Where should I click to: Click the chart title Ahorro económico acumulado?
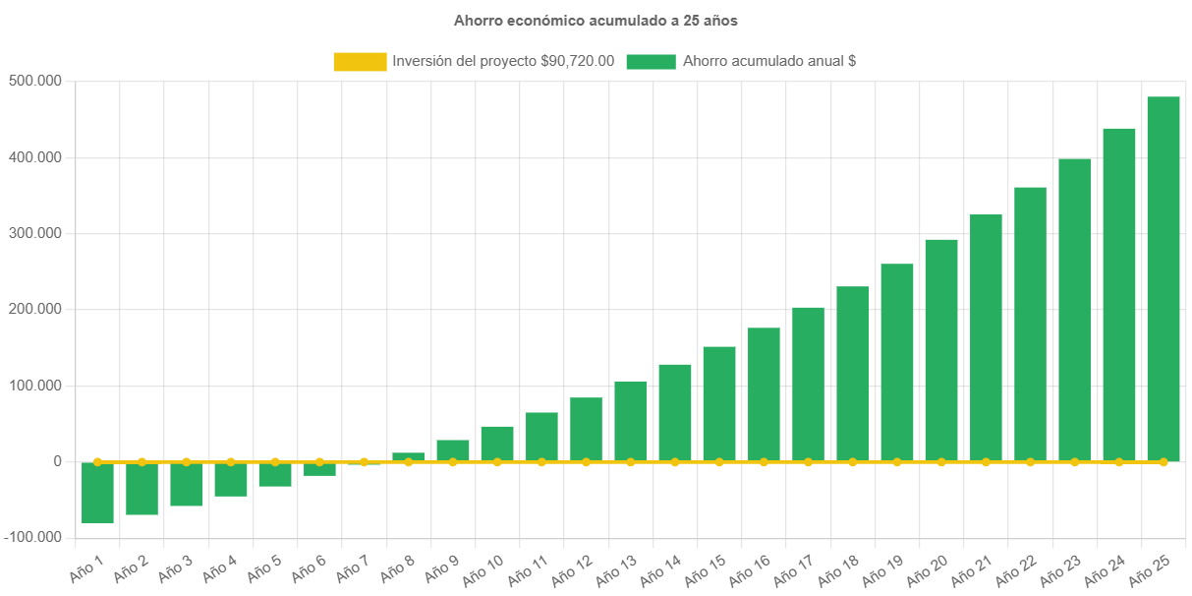[596, 21]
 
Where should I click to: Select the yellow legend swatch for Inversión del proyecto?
[360, 62]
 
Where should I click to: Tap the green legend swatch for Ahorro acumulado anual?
[651, 62]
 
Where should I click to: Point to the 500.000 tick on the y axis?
[34, 81]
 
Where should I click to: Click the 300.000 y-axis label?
[34, 233]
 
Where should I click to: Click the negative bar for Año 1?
[97, 493]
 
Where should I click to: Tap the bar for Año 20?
[941, 350]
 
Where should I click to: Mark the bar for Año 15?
[719, 403]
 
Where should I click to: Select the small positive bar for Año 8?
[408, 456]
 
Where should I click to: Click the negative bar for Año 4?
[231, 480]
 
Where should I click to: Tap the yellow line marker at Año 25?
[1164, 461]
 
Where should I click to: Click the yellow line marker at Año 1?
[97, 461]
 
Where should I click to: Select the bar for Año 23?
[1074, 310]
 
